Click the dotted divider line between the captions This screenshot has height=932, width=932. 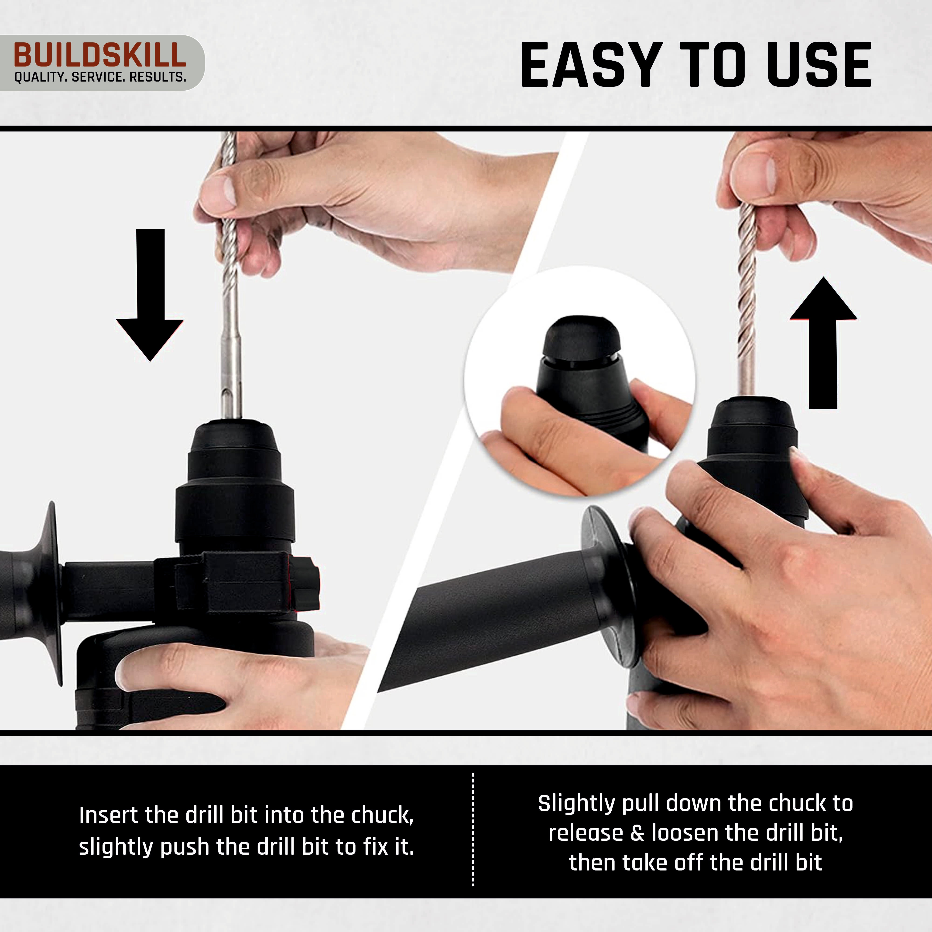(x=473, y=830)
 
